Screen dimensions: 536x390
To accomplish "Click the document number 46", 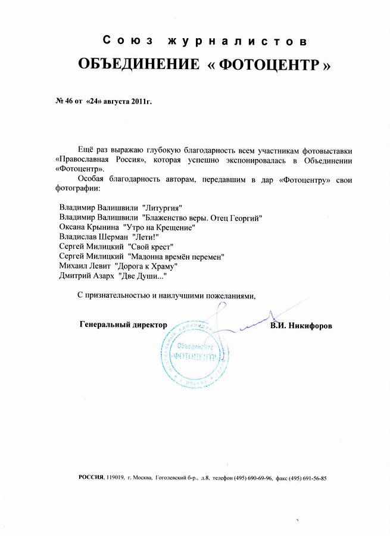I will click(x=69, y=102).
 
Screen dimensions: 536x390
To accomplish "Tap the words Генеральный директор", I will click(x=123, y=325).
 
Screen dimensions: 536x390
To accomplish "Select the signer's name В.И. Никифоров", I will click(x=301, y=326).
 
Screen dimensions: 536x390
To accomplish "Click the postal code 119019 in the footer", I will click(x=116, y=478).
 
